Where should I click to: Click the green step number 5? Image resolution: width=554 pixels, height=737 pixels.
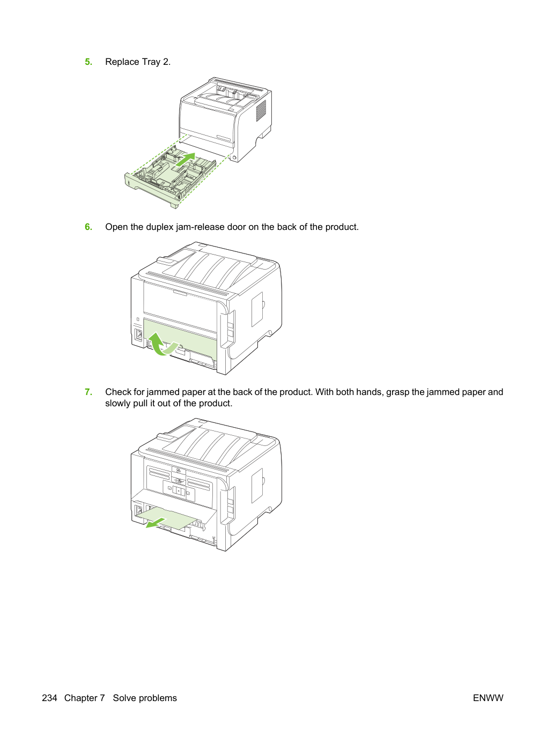tap(88, 62)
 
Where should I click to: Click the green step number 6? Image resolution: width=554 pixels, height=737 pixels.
tap(88, 227)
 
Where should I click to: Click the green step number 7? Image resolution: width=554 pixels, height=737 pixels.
tap(88, 392)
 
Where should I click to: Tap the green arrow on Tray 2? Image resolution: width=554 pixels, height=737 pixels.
tap(184, 160)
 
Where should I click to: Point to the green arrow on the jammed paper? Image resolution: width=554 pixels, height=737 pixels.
tap(156, 523)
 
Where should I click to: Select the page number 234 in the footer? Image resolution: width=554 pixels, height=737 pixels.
tap(49, 698)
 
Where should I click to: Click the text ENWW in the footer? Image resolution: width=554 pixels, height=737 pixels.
tap(488, 698)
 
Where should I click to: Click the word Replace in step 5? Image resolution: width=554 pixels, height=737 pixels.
tap(122, 62)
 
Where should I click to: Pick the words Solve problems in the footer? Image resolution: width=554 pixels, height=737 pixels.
tap(145, 698)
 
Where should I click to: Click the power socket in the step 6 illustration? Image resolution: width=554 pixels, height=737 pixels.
tap(138, 335)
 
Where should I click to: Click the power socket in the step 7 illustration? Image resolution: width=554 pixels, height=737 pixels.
tap(138, 511)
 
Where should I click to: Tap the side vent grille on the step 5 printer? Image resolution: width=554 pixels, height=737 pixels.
tap(261, 111)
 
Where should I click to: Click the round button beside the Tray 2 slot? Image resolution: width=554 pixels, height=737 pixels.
tap(234, 158)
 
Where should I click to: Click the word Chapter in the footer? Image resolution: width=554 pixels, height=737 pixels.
tap(85, 698)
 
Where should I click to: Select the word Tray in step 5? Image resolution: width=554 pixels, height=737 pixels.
tap(151, 62)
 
